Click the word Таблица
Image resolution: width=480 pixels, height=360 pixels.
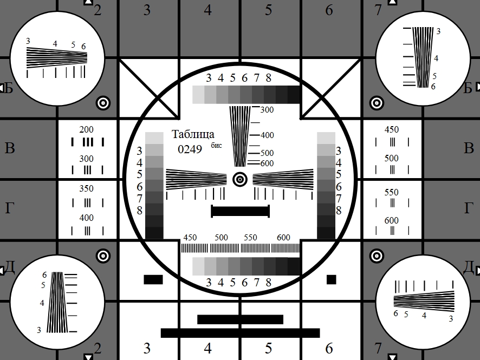tap(193, 134)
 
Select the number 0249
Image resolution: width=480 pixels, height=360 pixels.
tap(190, 149)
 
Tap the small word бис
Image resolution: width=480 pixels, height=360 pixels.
tap(216, 145)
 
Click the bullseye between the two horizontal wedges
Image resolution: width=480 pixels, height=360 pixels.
tap(240, 180)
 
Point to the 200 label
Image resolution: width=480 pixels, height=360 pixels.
tap(86, 129)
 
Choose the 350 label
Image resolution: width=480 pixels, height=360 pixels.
tap(86, 188)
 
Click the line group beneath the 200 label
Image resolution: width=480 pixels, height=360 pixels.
tap(88, 142)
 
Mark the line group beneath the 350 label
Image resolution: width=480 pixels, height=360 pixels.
tap(88, 203)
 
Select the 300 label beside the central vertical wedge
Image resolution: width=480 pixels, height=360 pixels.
tap(267, 110)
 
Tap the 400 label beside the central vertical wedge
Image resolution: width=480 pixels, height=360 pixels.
tap(267, 135)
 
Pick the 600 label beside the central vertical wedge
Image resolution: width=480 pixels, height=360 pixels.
tap(267, 163)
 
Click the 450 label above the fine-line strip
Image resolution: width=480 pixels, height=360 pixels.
tap(190, 237)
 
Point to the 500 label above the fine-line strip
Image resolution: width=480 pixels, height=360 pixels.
tap(221, 237)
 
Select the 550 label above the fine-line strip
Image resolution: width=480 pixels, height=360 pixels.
tap(250, 237)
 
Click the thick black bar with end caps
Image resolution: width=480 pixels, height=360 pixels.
tap(241, 211)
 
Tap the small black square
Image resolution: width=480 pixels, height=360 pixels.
tap(331, 279)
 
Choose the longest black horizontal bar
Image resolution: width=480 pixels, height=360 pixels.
tap(241, 333)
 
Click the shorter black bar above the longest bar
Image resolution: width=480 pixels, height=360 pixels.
tap(241, 319)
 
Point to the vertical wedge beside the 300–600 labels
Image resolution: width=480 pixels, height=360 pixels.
tap(240, 136)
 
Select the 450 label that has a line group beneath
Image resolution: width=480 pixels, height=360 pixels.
tap(392, 129)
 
